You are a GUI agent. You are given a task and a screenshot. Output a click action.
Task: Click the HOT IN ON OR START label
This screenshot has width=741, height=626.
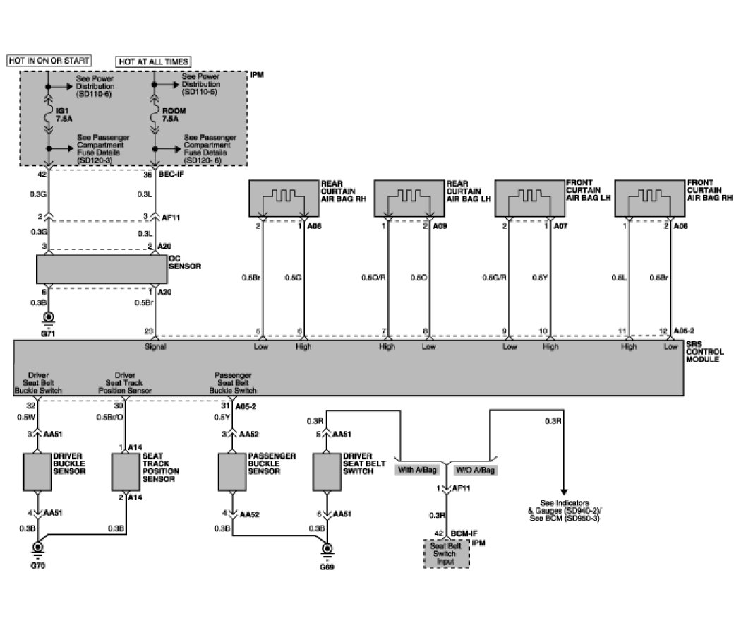[x=49, y=61]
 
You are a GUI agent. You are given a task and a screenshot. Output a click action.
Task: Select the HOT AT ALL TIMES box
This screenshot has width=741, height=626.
[x=154, y=61]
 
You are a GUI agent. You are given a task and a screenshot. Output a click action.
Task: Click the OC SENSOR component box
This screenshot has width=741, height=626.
[x=101, y=269]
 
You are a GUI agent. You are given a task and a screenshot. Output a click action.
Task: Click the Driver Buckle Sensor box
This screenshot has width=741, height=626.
[x=37, y=471]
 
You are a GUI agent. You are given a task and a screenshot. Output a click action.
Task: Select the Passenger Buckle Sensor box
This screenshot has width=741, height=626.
[x=232, y=471]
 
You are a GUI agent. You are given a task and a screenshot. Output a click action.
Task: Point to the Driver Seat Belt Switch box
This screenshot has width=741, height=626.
[x=326, y=471]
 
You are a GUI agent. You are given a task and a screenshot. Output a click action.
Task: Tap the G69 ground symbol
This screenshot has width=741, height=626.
[x=327, y=548]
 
